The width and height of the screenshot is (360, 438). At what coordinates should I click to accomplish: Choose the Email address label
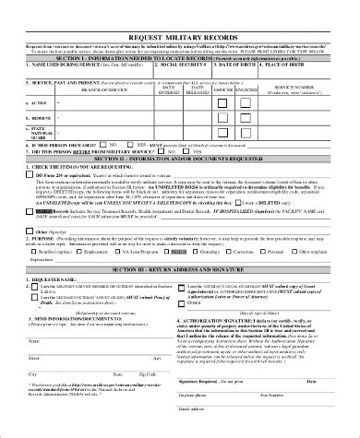219,432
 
